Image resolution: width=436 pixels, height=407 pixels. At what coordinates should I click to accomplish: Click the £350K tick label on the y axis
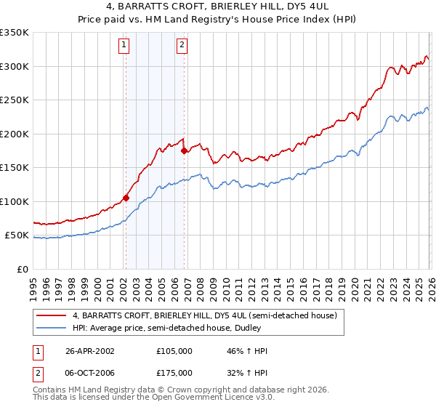[x=15, y=33]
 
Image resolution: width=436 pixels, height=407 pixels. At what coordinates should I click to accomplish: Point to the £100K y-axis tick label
[x=15, y=201]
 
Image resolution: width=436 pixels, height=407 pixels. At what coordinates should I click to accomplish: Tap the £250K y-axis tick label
[x=15, y=100]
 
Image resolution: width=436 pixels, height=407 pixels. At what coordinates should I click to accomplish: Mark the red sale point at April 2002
[x=126, y=198]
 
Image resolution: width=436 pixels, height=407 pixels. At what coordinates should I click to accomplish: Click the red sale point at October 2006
[x=184, y=151]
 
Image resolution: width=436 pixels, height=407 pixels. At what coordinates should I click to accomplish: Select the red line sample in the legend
[x=52, y=316]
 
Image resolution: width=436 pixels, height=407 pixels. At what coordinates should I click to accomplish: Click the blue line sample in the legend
[x=52, y=329]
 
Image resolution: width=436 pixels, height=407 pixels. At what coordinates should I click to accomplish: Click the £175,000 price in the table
[x=174, y=372]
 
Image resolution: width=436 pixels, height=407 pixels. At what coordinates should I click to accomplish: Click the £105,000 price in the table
[x=174, y=350]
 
